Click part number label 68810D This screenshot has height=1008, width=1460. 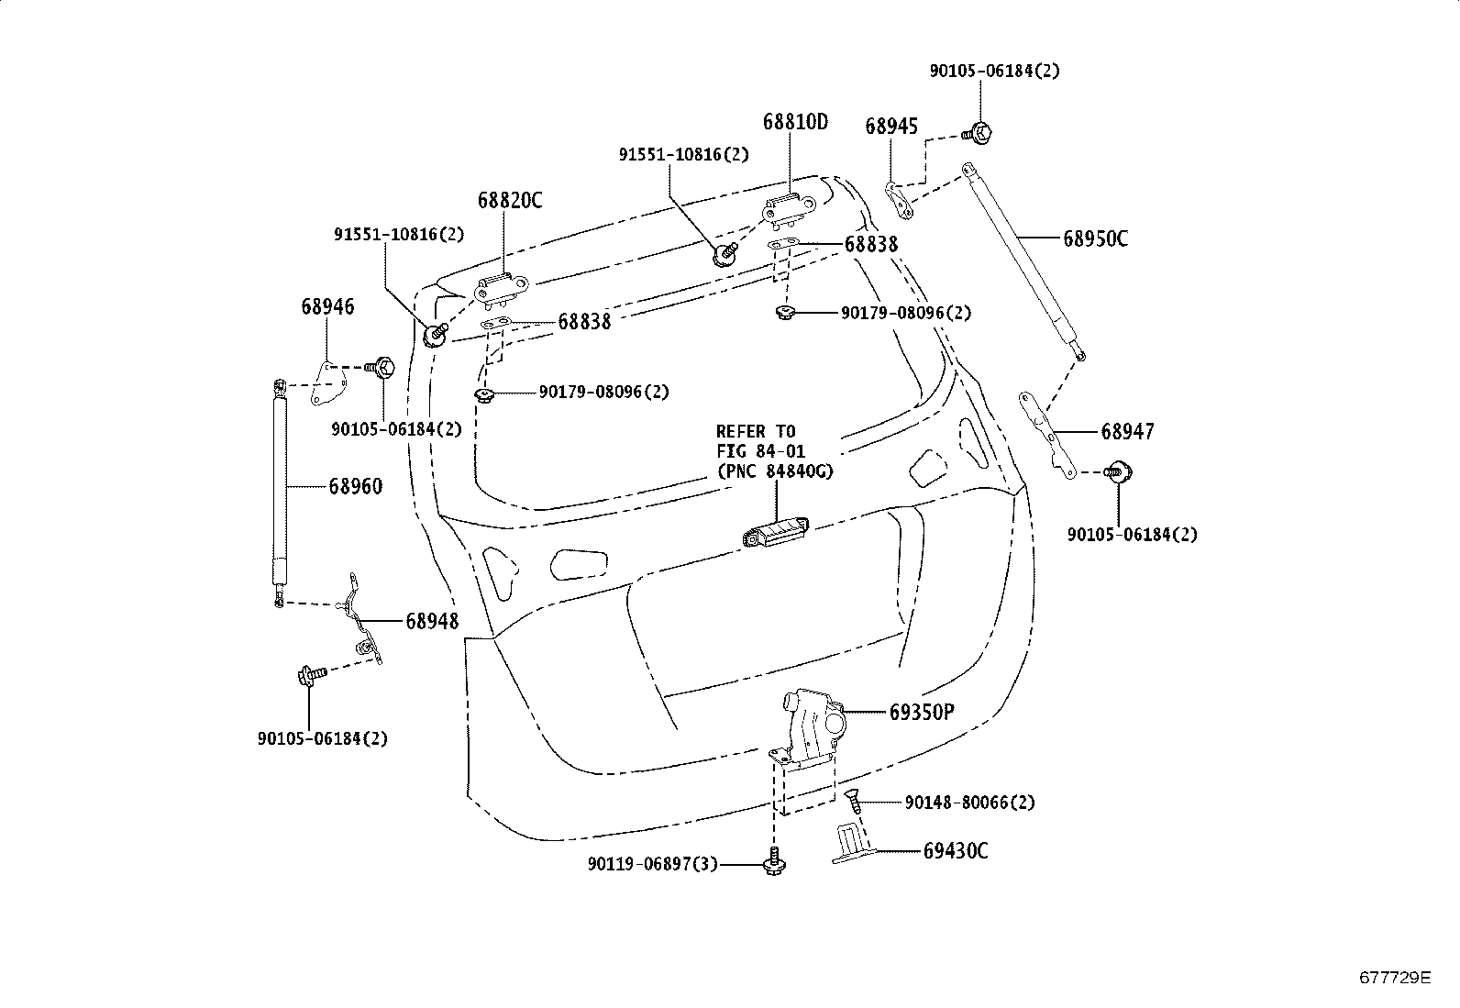pyautogui.click(x=794, y=122)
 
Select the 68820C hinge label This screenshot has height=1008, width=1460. pyautogui.click(x=509, y=201)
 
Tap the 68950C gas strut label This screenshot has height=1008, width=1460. pyautogui.click(x=1095, y=239)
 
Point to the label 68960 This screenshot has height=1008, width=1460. pyautogui.click(x=355, y=487)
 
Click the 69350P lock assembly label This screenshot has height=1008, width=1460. pyautogui.click(x=921, y=713)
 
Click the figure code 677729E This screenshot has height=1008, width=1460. pyautogui.click(x=1394, y=978)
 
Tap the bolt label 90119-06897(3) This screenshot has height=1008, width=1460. pyautogui.click(x=653, y=864)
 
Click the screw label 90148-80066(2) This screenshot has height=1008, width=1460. pyautogui.click(x=969, y=803)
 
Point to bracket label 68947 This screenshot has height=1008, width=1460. pyautogui.click(x=1127, y=432)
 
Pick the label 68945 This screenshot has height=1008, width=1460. pyautogui.click(x=890, y=127)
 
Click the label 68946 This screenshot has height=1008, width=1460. pyautogui.click(x=326, y=307)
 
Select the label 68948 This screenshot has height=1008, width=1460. pyautogui.click(x=432, y=622)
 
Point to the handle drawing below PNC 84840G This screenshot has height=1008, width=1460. pyautogui.click(x=775, y=533)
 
